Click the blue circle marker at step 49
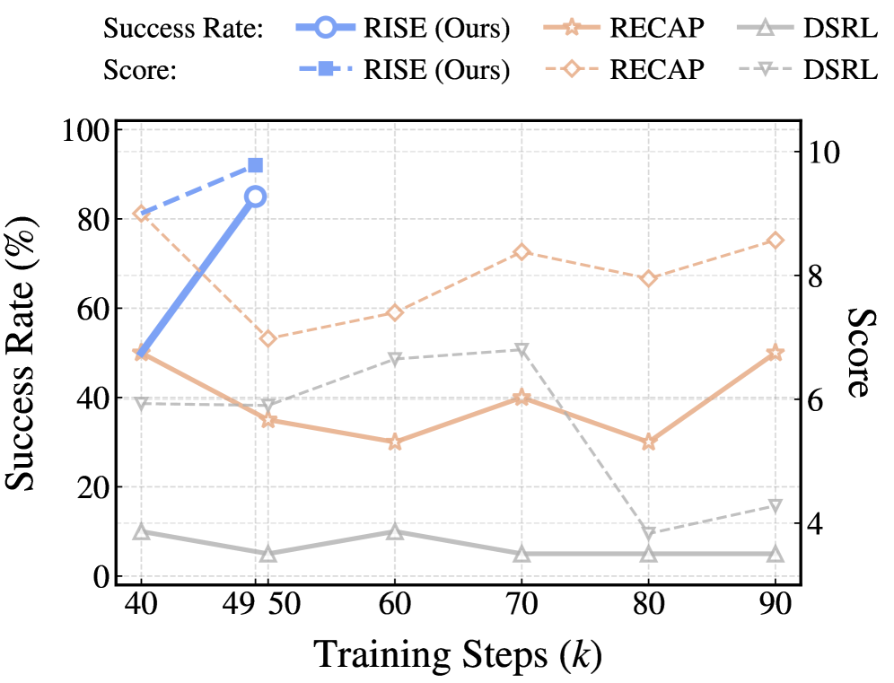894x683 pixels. pos(256,197)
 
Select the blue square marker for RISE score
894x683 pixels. pos(255,165)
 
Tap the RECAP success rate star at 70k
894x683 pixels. pos(521,398)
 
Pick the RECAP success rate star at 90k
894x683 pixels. pos(775,353)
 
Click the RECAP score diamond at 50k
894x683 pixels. pos(267,338)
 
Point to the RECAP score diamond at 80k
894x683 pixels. pos(648,279)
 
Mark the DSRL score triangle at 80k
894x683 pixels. pos(648,533)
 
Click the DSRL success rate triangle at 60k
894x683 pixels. pos(394,531)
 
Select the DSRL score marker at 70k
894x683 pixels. pos(521,349)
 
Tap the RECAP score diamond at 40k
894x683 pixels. pos(141,214)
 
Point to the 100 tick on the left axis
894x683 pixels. pos(88,130)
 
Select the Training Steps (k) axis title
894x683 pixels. pos(458,655)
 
